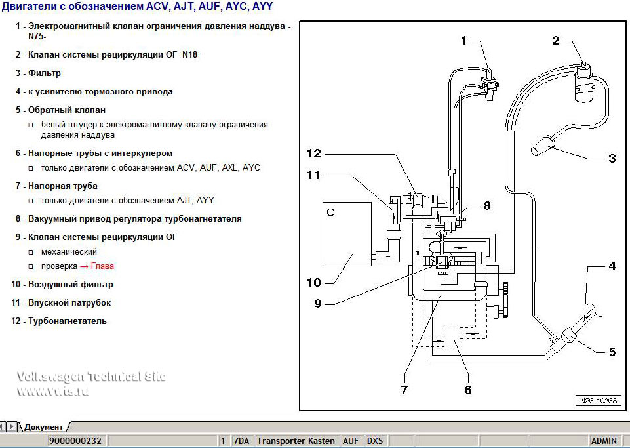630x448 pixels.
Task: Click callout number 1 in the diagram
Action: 464,41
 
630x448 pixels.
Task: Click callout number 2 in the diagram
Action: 556,41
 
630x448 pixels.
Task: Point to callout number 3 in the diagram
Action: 612,158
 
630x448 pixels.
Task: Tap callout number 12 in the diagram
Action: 314,153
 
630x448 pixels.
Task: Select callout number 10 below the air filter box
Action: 313,283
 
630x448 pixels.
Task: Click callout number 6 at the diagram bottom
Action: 467,390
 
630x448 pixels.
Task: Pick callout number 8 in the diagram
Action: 486,205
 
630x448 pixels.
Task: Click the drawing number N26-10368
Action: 597,401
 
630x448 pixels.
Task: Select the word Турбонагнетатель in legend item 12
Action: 67,321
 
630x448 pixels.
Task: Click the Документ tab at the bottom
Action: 43,427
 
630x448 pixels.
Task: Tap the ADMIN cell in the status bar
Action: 603,441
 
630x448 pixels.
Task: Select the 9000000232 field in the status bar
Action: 75,441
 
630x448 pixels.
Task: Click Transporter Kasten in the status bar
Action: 296,441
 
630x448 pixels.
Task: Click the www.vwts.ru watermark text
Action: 52,391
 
